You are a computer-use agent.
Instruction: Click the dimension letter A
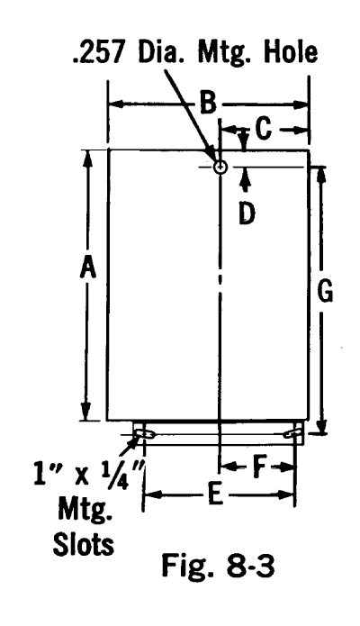(x=88, y=268)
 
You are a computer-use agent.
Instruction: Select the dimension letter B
(x=208, y=104)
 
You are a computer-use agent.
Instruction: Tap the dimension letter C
(x=264, y=130)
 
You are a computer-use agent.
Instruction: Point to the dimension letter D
(x=247, y=213)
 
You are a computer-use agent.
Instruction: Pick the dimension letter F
(x=259, y=467)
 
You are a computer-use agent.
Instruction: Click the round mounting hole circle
(x=220, y=167)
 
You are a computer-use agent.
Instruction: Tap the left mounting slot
(x=144, y=434)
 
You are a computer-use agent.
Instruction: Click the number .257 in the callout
(x=97, y=52)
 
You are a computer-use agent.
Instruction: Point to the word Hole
(x=290, y=51)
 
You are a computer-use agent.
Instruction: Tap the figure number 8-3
(x=251, y=566)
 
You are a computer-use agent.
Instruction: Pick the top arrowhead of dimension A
(x=88, y=159)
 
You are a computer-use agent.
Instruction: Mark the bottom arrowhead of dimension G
(x=322, y=424)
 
